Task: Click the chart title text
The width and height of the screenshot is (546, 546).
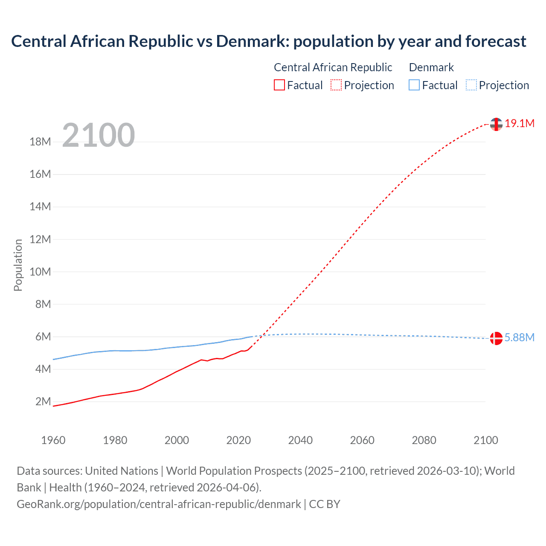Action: pyautogui.click(x=269, y=41)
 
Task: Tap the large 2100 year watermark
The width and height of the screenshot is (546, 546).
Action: pyautogui.click(x=99, y=135)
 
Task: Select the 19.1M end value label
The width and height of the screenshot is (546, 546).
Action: pyautogui.click(x=520, y=124)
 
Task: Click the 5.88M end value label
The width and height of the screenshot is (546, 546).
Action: pyautogui.click(x=520, y=338)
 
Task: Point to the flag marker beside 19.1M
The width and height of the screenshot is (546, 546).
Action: pyautogui.click(x=496, y=124)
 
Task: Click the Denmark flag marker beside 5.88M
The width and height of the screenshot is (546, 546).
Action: pyautogui.click(x=496, y=338)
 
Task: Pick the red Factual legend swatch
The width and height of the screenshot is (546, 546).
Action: pyautogui.click(x=279, y=85)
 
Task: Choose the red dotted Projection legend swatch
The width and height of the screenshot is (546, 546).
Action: pyautogui.click(x=336, y=85)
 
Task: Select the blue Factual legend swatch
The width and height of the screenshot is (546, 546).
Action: pyautogui.click(x=414, y=85)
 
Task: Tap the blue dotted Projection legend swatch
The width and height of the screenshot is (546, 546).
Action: pyautogui.click(x=471, y=85)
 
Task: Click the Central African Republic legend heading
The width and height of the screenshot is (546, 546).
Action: pyautogui.click(x=333, y=67)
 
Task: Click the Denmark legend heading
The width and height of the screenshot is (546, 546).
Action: pyautogui.click(x=431, y=67)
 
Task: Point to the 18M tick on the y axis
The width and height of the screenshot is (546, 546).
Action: pyautogui.click(x=40, y=142)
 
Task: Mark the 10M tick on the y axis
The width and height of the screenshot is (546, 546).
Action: pyautogui.click(x=40, y=272)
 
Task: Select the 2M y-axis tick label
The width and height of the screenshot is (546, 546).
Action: pyautogui.click(x=43, y=401)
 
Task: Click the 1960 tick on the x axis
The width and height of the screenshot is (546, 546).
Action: pyautogui.click(x=53, y=440)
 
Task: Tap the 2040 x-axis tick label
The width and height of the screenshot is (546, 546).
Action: pyautogui.click(x=300, y=440)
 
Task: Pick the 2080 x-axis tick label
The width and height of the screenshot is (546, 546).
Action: pyautogui.click(x=424, y=440)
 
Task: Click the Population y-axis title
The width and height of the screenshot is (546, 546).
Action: pyautogui.click(x=18, y=265)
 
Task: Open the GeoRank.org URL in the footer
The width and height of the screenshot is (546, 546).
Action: pyautogui.click(x=159, y=504)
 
